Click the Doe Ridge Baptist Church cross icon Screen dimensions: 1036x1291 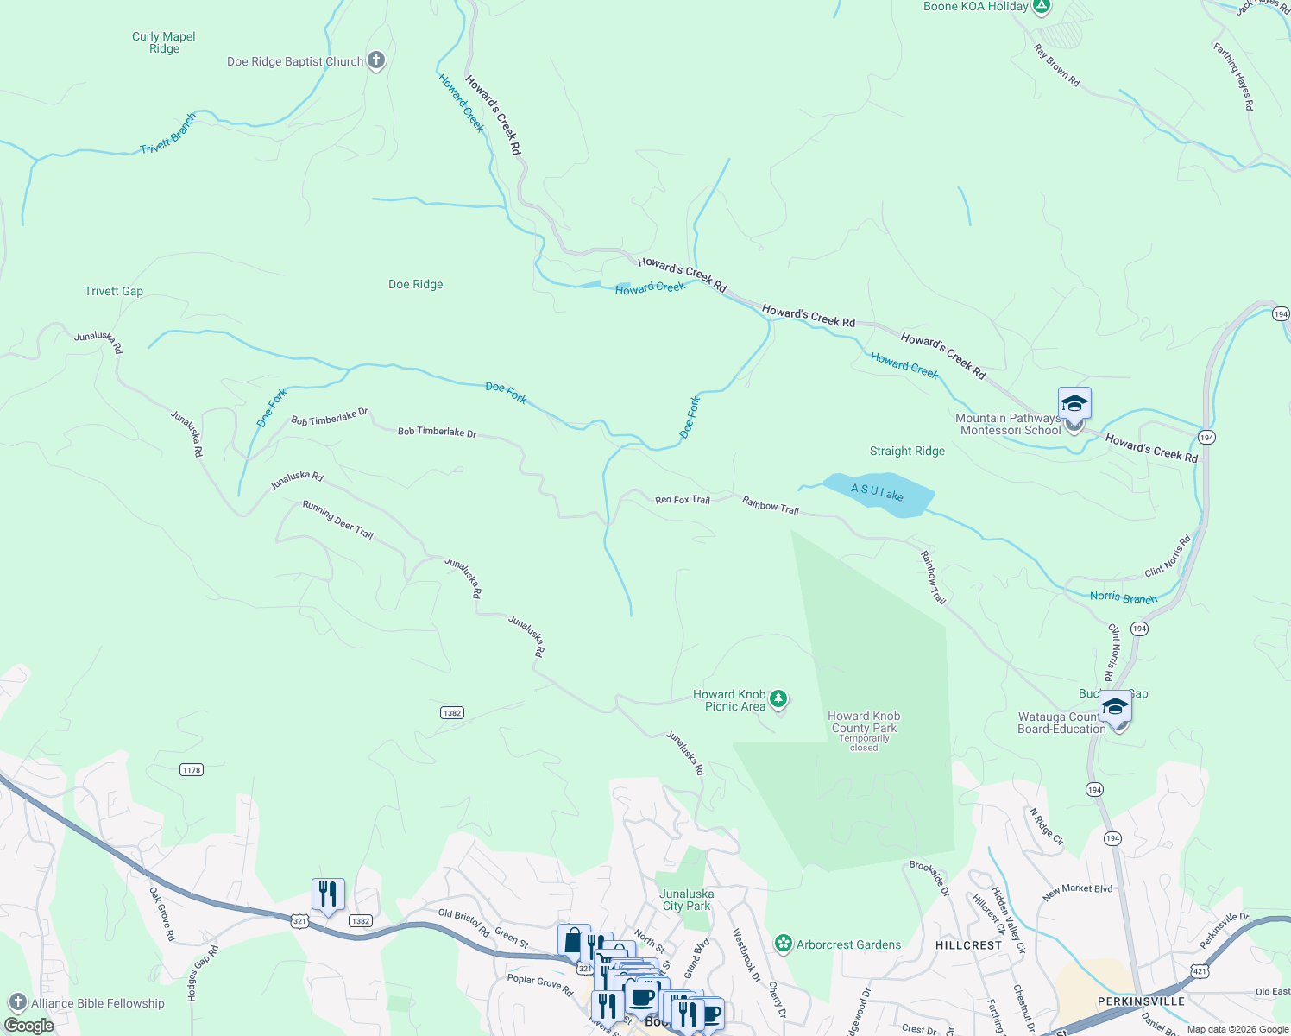point(375,60)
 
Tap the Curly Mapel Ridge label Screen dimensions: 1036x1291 point(164,42)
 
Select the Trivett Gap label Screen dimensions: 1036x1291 point(114,291)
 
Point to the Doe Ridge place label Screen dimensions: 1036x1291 point(415,284)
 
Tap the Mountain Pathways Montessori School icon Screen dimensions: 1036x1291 point(1074,405)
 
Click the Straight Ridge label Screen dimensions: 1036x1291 point(907,451)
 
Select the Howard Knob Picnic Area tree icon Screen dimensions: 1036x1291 point(778,698)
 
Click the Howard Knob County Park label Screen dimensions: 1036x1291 point(864,722)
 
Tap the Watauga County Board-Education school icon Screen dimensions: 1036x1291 point(1115,708)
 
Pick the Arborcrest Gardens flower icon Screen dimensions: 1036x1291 point(783,944)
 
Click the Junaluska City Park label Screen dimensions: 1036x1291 point(686,900)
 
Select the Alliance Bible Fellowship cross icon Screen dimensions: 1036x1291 point(18,1002)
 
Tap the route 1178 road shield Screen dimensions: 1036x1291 point(192,769)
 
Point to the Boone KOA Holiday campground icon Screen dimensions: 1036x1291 point(1042,7)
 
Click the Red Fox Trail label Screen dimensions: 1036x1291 point(682,500)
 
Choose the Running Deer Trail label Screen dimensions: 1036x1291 point(337,520)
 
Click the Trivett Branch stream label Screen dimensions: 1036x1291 point(168,135)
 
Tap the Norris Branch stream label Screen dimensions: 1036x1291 point(1123,597)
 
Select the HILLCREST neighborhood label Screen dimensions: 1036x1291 point(968,945)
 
